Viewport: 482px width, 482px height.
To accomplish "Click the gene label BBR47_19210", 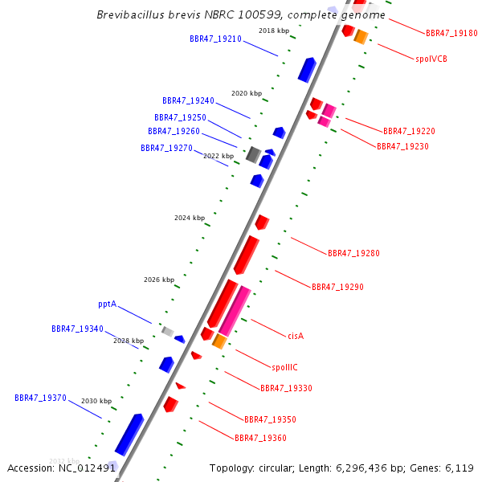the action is click(x=215, y=39).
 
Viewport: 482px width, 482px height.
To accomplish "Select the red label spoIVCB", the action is click(x=431, y=59).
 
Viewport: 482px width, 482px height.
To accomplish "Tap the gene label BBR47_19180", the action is click(x=451, y=34).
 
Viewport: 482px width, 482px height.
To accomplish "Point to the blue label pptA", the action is click(x=107, y=304).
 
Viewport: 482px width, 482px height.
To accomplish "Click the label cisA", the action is click(x=296, y=336).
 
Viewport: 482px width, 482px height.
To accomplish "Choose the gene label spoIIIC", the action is click(x=284, y=367).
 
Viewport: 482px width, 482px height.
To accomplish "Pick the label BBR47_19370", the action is click(x=40, y=398).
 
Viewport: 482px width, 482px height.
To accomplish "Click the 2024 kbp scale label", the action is click(x=190, y=218).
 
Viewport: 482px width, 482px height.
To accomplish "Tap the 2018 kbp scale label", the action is click(x=274, y=31).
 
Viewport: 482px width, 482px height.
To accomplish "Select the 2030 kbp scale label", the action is click(x=96, y=401).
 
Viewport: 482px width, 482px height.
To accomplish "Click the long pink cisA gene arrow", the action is click(x=235, y=311).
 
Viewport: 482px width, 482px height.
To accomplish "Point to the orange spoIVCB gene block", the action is click(x=361, y=37).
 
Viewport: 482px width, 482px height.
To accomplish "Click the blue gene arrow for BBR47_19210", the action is click(x=307, y=70).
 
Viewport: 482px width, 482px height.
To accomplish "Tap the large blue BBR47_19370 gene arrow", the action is click(x=129, y=435).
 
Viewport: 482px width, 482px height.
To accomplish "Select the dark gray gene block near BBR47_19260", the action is click(x=253, y=154).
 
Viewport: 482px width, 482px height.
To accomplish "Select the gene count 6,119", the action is click(x=461, y=468).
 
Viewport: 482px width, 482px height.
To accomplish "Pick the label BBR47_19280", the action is click(x=353, y=253).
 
